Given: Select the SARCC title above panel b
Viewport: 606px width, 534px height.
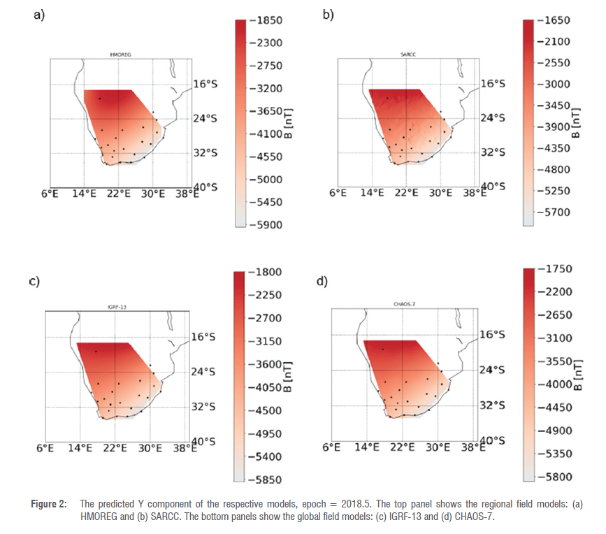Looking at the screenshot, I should point(408,54).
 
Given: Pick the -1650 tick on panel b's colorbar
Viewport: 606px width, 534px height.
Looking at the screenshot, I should point(555,21).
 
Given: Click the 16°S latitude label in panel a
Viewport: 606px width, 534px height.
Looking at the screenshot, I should point(205,84).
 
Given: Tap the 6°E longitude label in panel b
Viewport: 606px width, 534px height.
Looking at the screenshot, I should point(338,193).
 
